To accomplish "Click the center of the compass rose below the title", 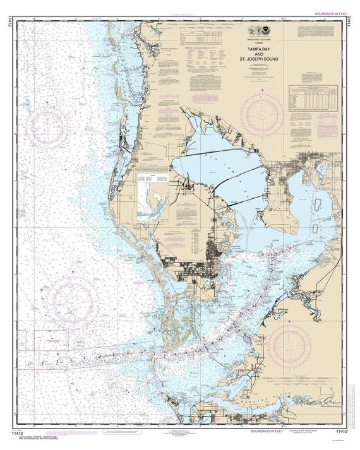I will click(261, 114).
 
